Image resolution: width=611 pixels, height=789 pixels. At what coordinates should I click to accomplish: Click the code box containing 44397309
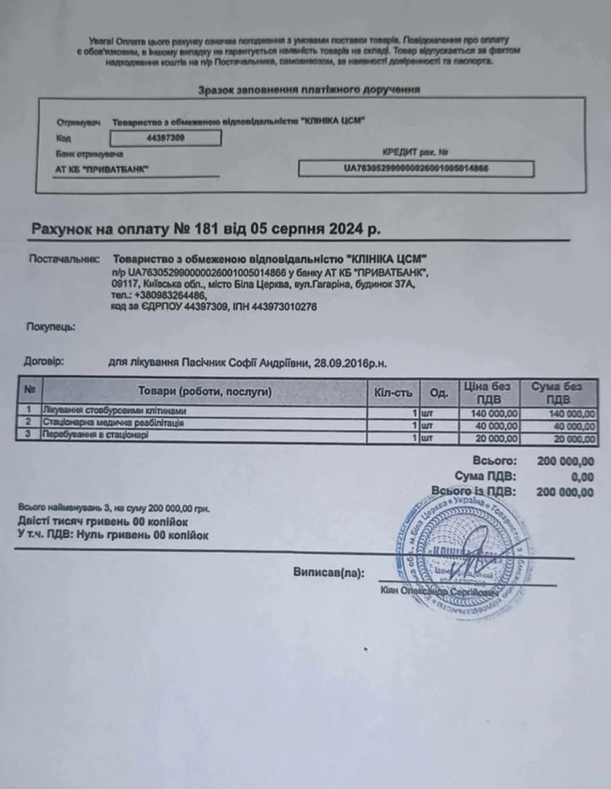(166, 137)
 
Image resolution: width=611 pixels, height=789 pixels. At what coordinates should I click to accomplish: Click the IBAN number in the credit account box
(416, 169)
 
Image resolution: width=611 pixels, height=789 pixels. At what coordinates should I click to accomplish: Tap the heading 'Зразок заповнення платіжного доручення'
(309, 90)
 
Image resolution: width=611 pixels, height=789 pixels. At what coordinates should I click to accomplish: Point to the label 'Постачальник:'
(64, 258)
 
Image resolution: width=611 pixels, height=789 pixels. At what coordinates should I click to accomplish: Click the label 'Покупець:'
(50, 326)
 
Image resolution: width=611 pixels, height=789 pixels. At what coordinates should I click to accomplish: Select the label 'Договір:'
(43, 361)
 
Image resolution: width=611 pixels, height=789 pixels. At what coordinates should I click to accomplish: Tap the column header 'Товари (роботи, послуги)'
(205, 391)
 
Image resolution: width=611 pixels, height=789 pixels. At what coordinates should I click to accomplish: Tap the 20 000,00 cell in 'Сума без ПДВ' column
(569, 439)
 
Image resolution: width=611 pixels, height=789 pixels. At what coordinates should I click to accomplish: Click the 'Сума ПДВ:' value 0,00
(581, 476)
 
